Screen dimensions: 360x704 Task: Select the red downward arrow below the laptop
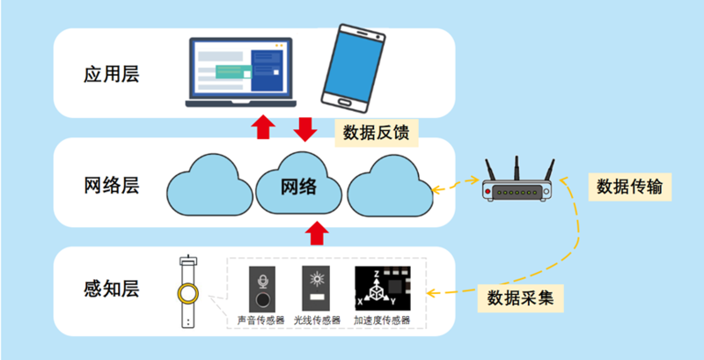click(304, 127)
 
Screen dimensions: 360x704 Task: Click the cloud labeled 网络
click(298, 186)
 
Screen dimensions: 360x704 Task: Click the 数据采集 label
click(520, 297)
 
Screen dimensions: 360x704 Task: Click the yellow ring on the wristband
click(187, 291)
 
